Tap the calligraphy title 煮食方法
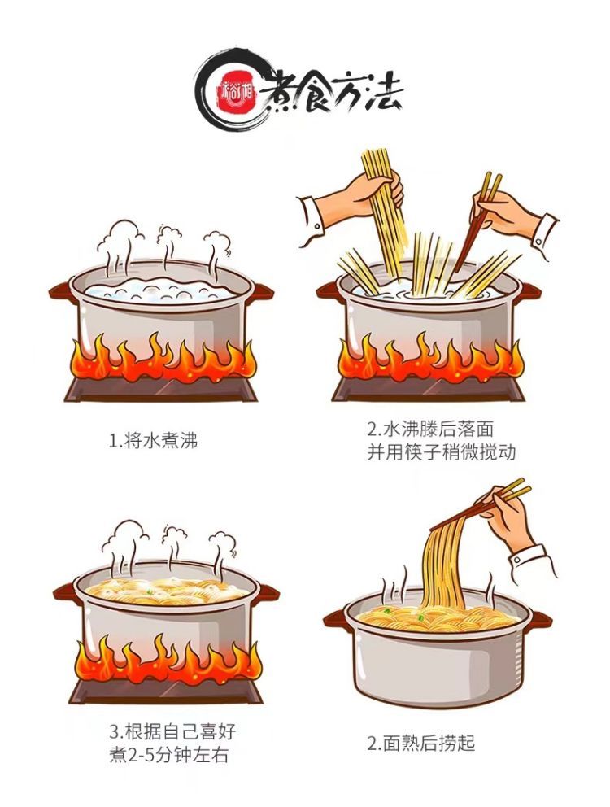click(331, 96)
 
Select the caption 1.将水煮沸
click(154, 441)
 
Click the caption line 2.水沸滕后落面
click(430, 430)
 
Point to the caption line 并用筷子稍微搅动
click(441, 452)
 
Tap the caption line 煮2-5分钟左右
click(168, 755)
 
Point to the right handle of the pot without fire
click(540, 618)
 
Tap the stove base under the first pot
click(161, 390)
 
